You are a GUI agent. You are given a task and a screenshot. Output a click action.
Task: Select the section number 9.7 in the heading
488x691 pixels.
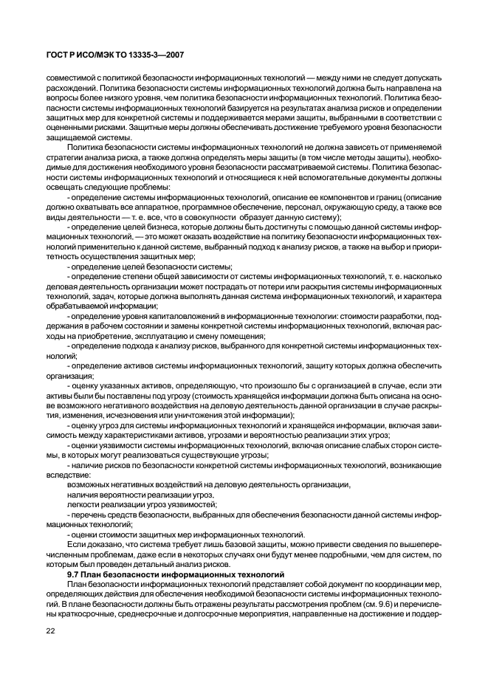point(75,574)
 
